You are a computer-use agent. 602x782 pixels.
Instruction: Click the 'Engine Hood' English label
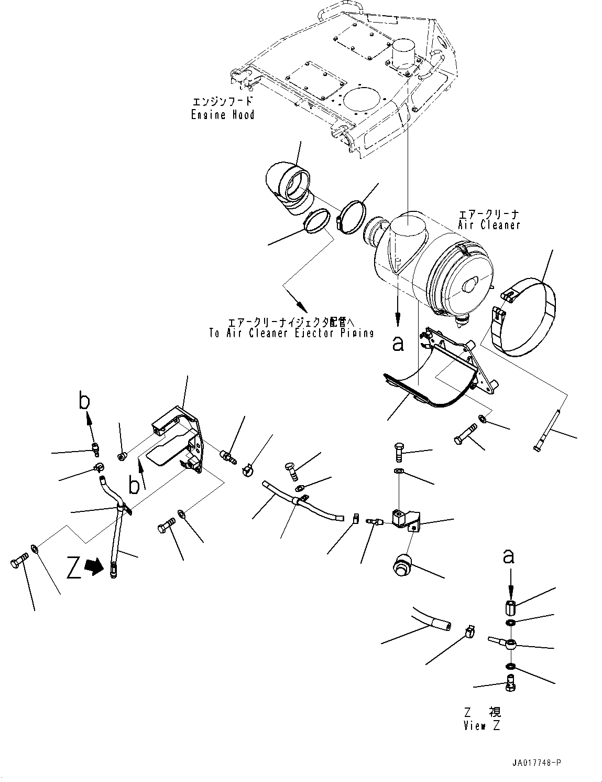pyautogui.click(x=223, y=115)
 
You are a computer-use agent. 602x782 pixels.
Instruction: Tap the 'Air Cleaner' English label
pyautogui.click(x=489, y=225)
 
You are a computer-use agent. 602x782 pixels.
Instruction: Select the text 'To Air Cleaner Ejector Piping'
pyautogui.click(x=291, y=333)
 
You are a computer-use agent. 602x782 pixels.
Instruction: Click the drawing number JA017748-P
pyautogui.click(x=537, y=763)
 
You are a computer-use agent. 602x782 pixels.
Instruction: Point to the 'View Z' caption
pyautogui.click(x=481, y=726)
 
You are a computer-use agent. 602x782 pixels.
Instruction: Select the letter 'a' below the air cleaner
pyautogui.click(x=398, y=344)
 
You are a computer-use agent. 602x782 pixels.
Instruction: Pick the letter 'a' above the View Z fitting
pyautogui.click(x=508, y=557)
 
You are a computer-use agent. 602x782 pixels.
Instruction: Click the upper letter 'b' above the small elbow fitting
pyautogui.click(x=84, y=401)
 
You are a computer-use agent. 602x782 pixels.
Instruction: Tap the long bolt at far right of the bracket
pyautogui.click(x=547, y=430)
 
